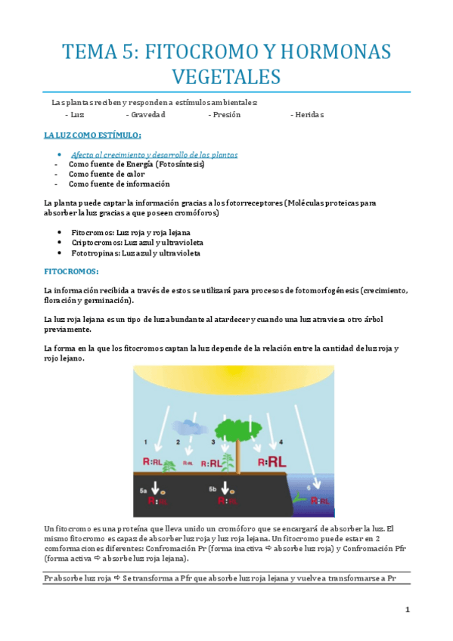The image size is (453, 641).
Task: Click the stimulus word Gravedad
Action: click(145, 115)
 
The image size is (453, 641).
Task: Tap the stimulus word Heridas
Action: click(306, 115)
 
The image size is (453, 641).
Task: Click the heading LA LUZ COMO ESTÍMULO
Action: click(93, 135)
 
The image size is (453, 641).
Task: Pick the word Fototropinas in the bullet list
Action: click(95, 253)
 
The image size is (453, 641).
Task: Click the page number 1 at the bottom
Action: click(407, 609)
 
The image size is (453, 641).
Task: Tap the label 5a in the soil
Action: click(144, 491)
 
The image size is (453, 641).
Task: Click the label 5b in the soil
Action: click(213, 490)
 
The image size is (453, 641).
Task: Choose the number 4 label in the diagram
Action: click(281, 441)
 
